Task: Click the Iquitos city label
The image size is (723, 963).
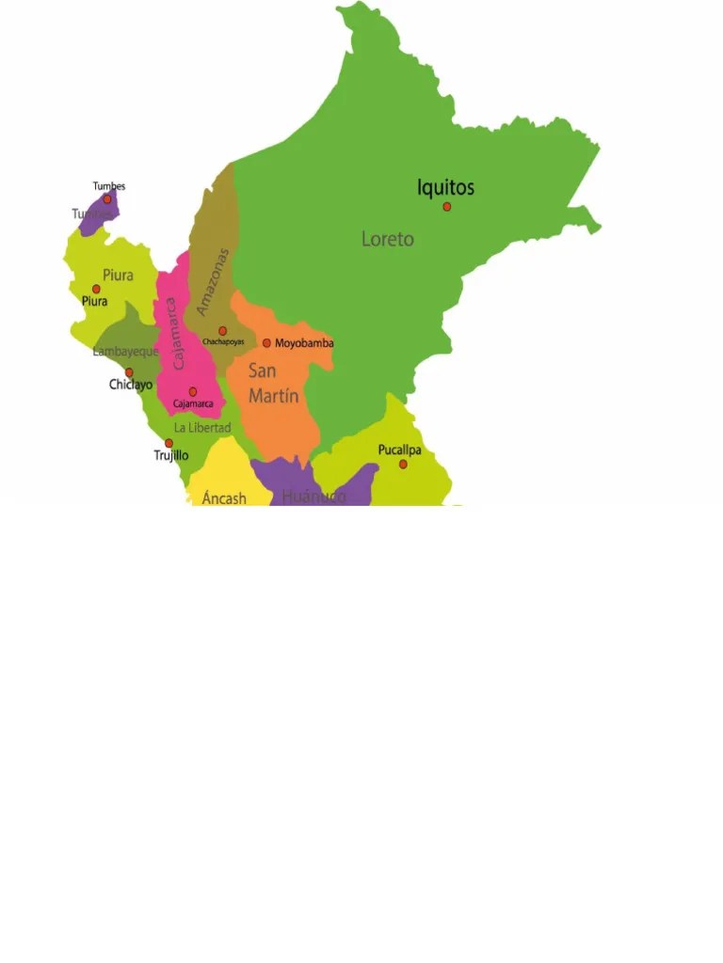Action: pos(445,188)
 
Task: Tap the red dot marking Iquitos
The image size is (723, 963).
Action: pos(447,207)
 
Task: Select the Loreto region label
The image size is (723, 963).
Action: pos(387,240)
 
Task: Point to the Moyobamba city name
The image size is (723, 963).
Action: pos(304,343)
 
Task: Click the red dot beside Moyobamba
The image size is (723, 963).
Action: pos(266,343)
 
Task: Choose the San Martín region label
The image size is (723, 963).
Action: pos(273,384)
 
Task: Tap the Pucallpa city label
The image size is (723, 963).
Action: pos(400,450)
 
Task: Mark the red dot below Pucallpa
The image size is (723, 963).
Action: pos(403,465)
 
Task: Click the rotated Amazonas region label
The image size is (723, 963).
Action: pos(214,281)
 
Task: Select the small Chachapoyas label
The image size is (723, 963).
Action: pos(223,341)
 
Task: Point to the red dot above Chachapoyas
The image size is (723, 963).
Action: pos(223,331)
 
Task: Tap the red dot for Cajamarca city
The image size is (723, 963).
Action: pos(193,392)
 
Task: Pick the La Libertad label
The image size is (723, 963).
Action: pos(202,428)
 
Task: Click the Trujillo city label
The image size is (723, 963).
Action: pos(171,455)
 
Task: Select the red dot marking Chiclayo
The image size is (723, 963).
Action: pos(130,372)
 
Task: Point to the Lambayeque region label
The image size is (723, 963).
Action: pos(126,352)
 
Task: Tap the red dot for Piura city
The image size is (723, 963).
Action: pos(96,290)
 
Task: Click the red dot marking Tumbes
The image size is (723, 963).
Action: pos(107,199)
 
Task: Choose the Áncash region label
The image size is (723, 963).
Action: pos(224,497)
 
